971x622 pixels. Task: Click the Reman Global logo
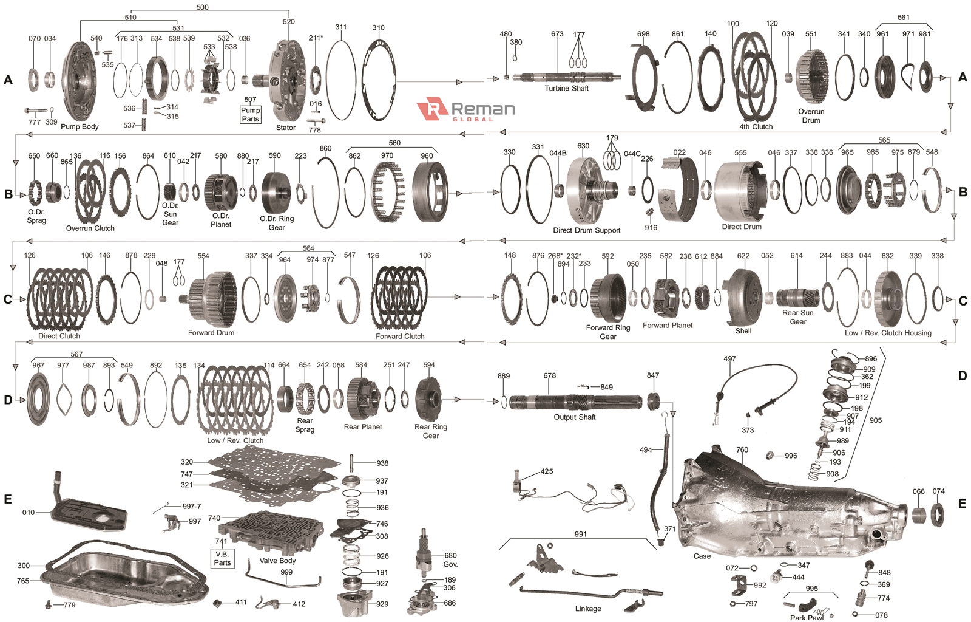click(465, 109)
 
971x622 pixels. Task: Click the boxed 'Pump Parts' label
click(250, 114)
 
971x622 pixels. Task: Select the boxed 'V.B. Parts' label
click(222, 558)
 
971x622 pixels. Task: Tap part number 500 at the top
click(203, 7)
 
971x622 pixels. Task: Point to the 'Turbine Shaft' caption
click(566, 88)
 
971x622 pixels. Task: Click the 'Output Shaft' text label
click(574, 417)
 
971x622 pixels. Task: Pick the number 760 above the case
click(742, 450)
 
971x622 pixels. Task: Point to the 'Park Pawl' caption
click(807, 617)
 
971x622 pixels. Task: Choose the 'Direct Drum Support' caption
click(586, 230)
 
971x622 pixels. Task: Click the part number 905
click(875, 420)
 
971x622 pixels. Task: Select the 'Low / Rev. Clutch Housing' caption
click(887, 333)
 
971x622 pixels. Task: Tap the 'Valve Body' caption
click(277, 561)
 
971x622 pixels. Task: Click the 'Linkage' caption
click(588, 609)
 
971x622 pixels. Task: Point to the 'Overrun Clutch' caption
click(90, 228)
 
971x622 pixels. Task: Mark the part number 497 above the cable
click(729, 359)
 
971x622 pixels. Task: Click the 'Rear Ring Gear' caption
click(430, 431)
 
